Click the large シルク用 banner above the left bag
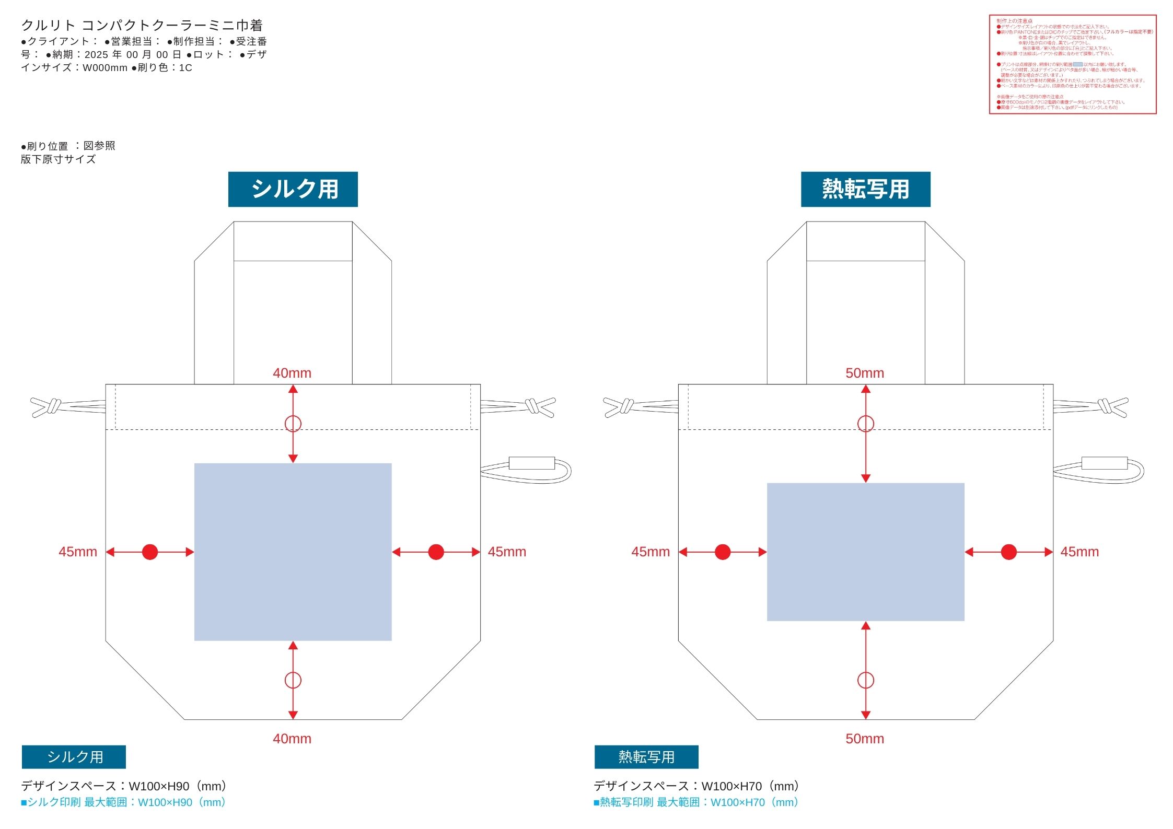(293, 189)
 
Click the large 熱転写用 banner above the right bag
(865, 189)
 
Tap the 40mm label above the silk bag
(292, 373)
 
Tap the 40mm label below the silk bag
(292, 739)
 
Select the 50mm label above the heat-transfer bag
(865, 373)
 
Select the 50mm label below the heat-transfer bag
(865, 739)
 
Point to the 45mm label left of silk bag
(78, 552)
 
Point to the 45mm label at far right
(1079, 552)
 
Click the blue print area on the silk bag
(293, 552)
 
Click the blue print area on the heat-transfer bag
(865, 552)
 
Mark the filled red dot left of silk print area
(150, 552)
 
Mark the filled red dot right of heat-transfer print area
(1008, 552)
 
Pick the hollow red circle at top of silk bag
(293, 423)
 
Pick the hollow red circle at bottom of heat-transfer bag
(865, 680)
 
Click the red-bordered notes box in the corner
(1072, 64)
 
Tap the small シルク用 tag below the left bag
(74, 757)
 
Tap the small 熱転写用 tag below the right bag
(646, 757)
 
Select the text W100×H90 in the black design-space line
(159, 786)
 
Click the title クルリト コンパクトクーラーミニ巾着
(142, 25)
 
